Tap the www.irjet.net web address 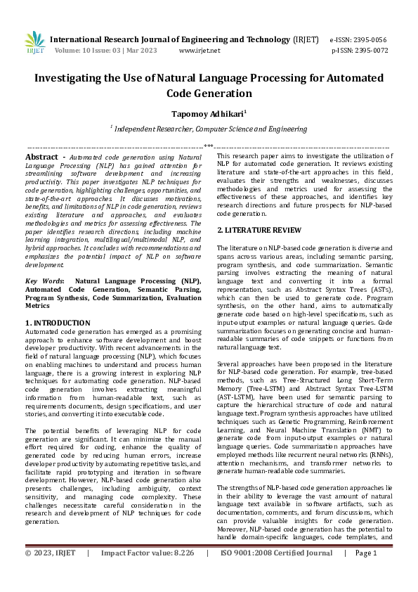coord(200,51)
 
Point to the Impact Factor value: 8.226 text coord(147,573)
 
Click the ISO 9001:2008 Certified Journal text coord(276,573)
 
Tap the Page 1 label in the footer coord(366,573)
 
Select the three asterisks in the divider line coord(209,146)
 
